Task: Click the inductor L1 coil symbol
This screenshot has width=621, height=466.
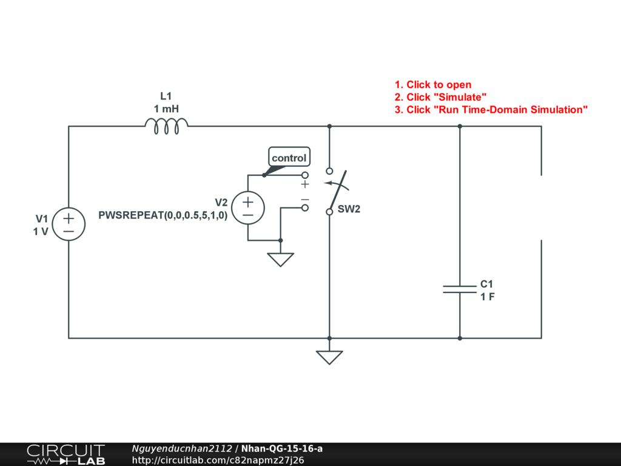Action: coord(166,126)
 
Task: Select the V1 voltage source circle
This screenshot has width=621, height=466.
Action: coord(69,225)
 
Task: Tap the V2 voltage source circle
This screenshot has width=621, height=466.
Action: coord(248,208)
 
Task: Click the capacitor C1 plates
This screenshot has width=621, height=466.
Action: coord(460,289)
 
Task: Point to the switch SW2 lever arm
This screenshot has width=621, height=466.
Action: coord(335,191)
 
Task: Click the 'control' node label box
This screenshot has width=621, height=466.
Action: coord(289,158)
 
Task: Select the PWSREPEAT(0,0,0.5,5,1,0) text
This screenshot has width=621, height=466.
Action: coord(163,215)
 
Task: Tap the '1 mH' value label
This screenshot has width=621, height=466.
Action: coord(166,109)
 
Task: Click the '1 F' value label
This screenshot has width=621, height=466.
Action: coord(488,297)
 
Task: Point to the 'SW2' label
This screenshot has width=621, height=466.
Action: coord(349,209)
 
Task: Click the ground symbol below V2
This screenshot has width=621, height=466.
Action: coord(280,259)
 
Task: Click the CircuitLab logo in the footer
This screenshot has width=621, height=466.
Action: coord(65,454)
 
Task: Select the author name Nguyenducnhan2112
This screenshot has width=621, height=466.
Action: coord(182,448)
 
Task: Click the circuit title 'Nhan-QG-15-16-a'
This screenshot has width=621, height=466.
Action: coord(282,448)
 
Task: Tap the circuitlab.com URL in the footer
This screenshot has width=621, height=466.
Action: coord(218,460)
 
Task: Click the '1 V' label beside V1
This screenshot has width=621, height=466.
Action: coord(41,231)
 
